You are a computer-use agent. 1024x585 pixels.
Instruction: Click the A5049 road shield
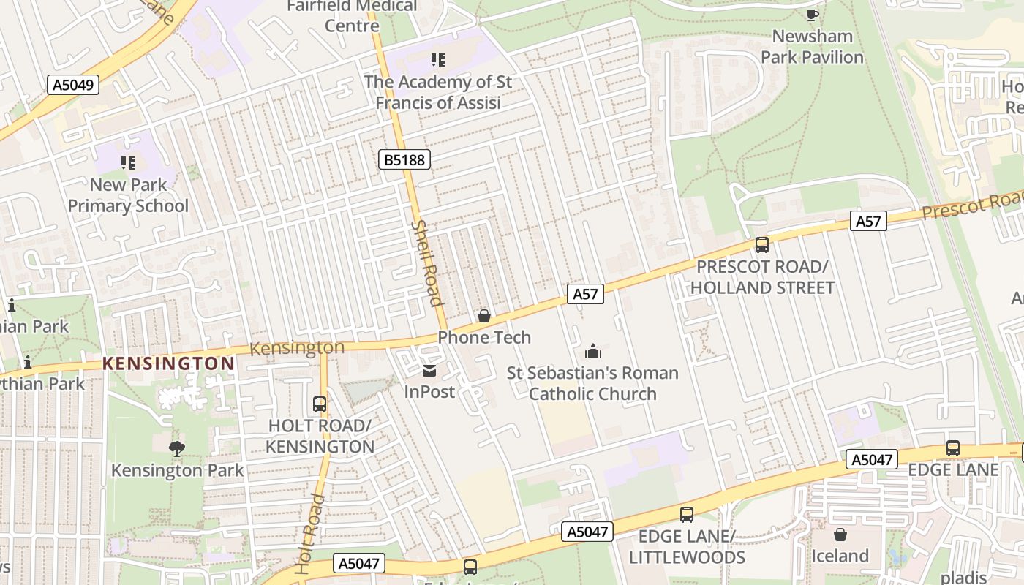coord(74,85)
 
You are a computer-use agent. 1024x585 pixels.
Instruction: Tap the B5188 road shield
coord(404,159)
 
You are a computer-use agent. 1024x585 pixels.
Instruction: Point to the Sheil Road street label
coord(427,263)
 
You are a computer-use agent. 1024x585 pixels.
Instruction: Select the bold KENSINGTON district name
coord(168,363)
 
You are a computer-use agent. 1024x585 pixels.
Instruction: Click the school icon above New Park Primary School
coord(128,162)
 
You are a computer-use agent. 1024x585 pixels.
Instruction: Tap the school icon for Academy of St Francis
coord(438,60)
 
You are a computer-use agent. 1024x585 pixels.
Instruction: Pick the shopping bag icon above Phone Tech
coord(483,316)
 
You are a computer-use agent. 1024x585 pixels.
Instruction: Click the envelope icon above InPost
coord(429,371)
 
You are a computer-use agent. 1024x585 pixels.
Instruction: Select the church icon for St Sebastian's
coord(592,352)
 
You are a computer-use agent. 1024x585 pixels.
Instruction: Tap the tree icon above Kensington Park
coord(176,448)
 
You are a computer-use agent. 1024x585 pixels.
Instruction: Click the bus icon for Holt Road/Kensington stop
coord(320,404)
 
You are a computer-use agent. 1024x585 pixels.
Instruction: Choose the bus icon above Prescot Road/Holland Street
coord(761,245)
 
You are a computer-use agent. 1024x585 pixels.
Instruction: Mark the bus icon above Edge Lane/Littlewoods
coord(686,515)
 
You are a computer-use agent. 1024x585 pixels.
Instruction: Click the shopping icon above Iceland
coord(840,535)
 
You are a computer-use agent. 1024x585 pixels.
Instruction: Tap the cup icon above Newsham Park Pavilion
coord(812,15)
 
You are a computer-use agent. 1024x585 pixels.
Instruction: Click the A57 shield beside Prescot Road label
coord(868,220)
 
